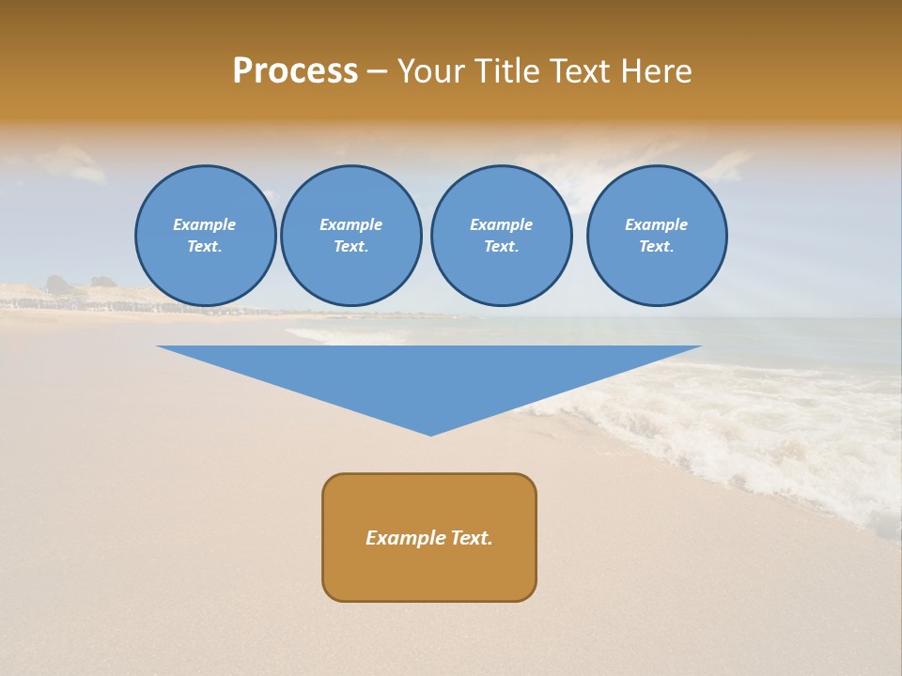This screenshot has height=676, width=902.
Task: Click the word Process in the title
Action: [295, 71]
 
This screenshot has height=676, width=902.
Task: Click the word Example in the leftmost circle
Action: [205, 224]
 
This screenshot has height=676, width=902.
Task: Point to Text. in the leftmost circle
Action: [205, 247]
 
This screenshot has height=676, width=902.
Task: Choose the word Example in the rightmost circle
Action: [657, 224]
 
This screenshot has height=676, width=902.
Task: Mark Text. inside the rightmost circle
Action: [657, 247]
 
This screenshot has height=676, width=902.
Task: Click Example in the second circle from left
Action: [350, 224]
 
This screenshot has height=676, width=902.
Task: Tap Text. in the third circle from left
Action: [501, 247]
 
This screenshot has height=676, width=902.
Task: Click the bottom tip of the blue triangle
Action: [430, 433]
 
